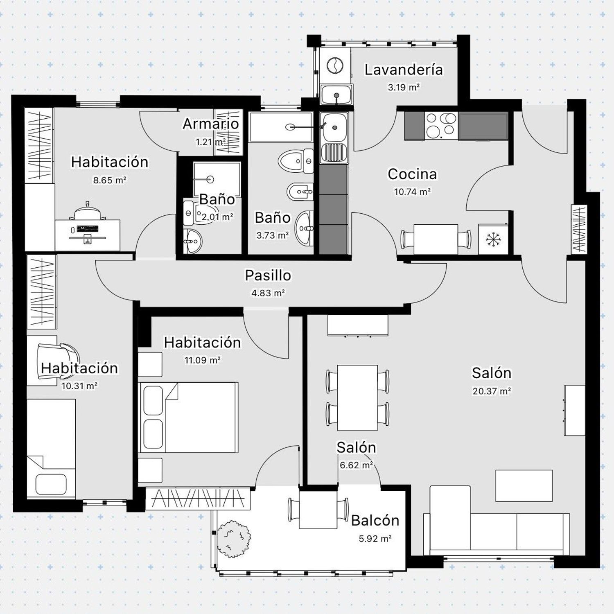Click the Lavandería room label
point(404,70)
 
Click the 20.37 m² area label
point(492,391)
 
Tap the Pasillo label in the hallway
point(268,275)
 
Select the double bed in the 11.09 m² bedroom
point(189,418)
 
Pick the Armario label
point(211,124)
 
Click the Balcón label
point(375,520)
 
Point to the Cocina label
point(412,174)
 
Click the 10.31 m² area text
point(79,386)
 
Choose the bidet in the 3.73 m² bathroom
point(300,192)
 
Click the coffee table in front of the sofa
point(524,485)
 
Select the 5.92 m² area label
point(375,539)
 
